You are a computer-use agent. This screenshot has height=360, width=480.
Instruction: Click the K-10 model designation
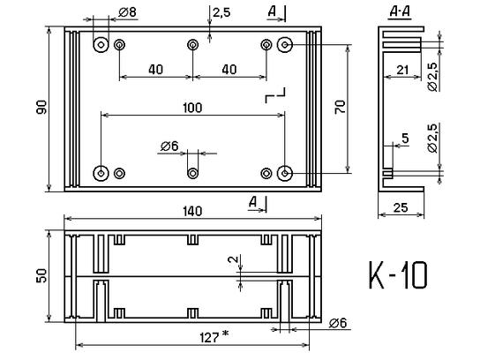point(398,276)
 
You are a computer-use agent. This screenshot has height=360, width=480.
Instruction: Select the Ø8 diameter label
point(126,12)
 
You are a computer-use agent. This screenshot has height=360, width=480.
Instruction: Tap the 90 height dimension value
point(41,107)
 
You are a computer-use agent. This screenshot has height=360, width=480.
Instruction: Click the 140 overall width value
point(192,211)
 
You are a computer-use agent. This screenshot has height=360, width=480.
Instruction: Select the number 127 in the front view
point(208,335)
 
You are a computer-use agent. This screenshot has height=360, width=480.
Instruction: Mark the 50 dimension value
point(41,276)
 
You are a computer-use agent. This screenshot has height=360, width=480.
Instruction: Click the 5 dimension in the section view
point(404,138)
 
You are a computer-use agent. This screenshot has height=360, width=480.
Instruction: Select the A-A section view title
point(398,11)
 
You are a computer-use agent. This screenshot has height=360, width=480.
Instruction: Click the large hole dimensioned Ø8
point(101,44)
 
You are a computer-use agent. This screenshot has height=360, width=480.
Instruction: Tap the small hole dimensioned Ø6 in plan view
point(192,172)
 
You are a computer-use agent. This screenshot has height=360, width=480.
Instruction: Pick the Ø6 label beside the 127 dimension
point(338,323)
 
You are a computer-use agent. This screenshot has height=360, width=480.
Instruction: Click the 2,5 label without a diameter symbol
point(221,12)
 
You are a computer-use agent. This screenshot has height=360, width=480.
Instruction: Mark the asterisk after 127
point(226,334)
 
